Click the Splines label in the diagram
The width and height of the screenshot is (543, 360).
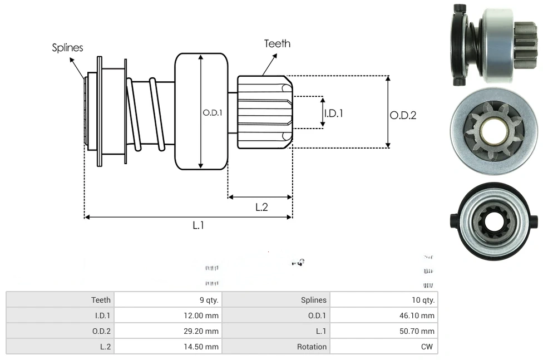coord(67,48)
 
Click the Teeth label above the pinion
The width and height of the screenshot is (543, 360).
coord(277,43)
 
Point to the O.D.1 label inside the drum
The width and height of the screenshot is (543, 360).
coord(212,112)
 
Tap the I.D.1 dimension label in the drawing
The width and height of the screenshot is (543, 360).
coord(333,113)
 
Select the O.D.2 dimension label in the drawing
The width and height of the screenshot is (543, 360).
coord(403,116)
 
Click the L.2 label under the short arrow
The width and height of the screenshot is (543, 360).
coord(261,208)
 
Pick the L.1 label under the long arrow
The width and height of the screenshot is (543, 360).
coord(199,225)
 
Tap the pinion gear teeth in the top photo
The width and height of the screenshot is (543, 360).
coord(526,45)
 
